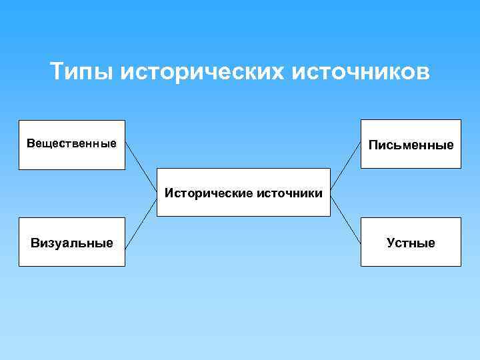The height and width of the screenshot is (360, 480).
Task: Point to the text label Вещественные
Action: [72, 143]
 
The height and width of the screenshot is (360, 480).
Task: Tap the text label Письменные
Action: [411, 145]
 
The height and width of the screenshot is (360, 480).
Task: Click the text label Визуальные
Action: [72, 243]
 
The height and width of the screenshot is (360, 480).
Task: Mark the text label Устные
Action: [411, 243]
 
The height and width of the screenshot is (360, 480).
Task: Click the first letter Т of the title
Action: [57, 71]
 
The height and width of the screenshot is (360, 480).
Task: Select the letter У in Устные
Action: [391, 243]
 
